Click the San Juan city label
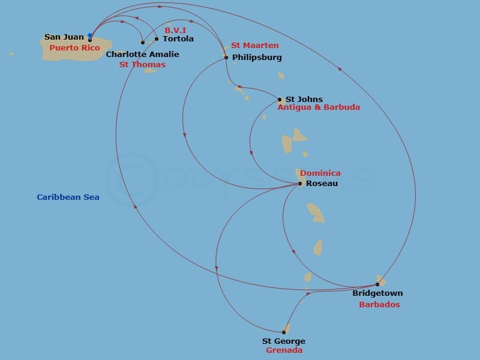tap(64, 37)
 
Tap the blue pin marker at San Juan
tap(90, 36)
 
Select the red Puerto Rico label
tap(74, 48)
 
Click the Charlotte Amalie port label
tap(142, 55)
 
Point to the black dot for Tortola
tap(157, 39)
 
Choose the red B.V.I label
tap(175, 29)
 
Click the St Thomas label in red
tap(142, 65)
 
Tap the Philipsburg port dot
tap(226, 58)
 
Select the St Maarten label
tap(255, 46)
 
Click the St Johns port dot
tap(280, 100)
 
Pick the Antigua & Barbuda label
tap(319, 107)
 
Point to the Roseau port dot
tap(300, 184)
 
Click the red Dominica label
tap(320, 173)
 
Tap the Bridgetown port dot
tap(377, 284)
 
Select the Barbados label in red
tap(379, 305)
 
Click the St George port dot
tap(284, 332)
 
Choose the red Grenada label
tap(284, 350)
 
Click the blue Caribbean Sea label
tap(68, 197)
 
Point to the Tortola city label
tap(178, 39)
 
